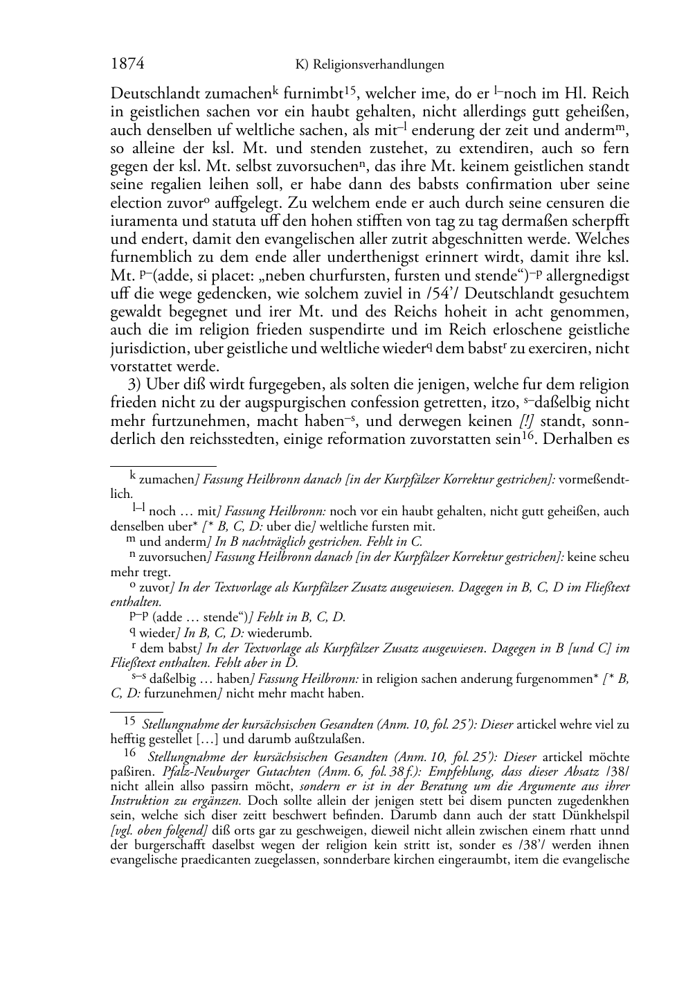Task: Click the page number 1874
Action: (127, 64)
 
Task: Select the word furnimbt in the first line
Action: (316, 93)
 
